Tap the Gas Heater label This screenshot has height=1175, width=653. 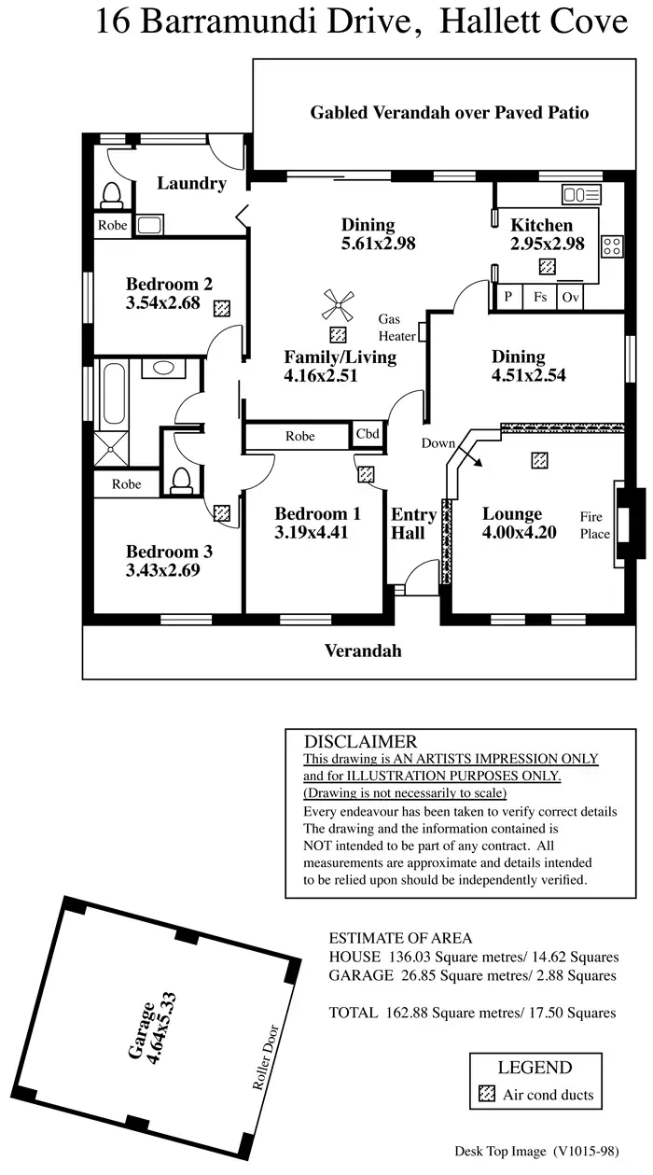[x=396, y=327]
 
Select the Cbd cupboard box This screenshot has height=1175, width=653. [x=367, y=434]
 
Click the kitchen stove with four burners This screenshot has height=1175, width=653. [x=612, y=246]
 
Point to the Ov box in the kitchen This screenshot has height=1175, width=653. [x=569, y=297]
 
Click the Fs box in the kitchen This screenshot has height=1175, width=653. [x=540, y=297]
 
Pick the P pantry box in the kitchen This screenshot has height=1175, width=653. [x=509, y=297]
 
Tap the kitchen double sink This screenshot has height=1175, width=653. [x=581, y=195]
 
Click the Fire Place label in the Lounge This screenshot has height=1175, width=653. [x=594, y=525]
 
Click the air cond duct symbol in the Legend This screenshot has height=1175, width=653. [x=486, y=1095]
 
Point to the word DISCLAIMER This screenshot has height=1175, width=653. [x=360, y=743]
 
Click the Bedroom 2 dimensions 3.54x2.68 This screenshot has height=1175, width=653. [x=163, y=302]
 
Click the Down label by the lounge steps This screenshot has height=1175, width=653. [x=437, y=442]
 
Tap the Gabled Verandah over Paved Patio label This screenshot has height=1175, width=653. [x=449, y=113]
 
